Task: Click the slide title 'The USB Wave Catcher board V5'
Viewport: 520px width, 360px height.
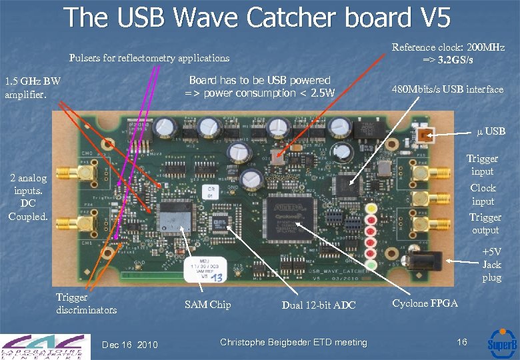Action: coord(258,18)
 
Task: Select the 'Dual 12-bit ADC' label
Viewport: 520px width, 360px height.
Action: coord(319,305)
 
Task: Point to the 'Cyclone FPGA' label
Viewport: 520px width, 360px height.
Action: coord(425,303)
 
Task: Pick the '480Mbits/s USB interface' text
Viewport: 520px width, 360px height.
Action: coord(447,89)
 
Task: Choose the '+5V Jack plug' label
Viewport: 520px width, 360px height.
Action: coord(491,265)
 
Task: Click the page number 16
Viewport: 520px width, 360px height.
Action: coord(461,342)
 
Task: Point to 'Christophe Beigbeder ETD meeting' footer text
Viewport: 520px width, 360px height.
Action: coord(293,342)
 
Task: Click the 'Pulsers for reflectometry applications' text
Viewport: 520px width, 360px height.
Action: coord(149,58)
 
